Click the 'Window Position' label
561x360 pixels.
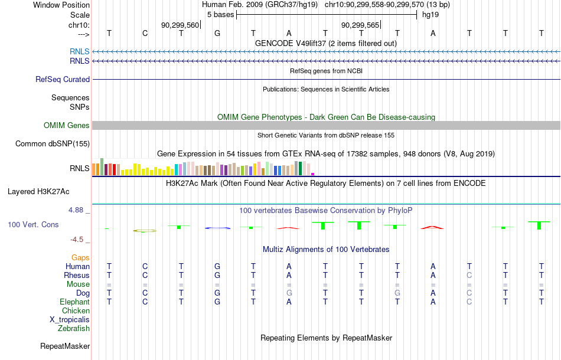click(x=61, y=5)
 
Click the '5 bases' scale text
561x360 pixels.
click(x=220, y=15)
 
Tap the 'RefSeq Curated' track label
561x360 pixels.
click(x=63, y=79)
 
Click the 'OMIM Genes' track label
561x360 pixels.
click(x=67, y=126)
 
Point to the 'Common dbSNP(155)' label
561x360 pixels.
click(x=53, y=144)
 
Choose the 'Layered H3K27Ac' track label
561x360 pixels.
click(x=38, y=192)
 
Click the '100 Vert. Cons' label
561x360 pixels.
click(x=33, y=224)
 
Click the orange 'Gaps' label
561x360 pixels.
click(x=80, y=258)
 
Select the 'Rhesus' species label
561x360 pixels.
click(x=77, y=275)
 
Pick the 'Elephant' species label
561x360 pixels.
click(x=75, y=302)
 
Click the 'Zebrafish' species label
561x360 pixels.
click(x=74, y=328)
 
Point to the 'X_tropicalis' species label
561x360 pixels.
click(x=70, y=320)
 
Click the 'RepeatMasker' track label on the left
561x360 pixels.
click(x=65, y=346)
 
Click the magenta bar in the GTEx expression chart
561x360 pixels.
click(x=313, y=174)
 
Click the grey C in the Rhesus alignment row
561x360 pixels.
click(x=469, y=275)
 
